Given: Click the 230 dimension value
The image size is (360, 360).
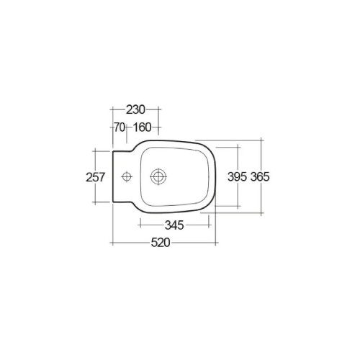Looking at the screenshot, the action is point(135,109).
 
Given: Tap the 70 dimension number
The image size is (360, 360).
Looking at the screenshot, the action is point(120,127).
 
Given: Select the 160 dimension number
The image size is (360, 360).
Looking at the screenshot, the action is point(142,127).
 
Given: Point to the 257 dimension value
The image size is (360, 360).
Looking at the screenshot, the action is point(96,177).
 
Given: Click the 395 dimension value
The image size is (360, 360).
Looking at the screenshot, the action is point(237,177).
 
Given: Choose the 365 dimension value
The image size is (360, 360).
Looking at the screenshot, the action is point(260,177).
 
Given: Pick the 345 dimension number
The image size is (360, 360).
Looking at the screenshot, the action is point(174,225).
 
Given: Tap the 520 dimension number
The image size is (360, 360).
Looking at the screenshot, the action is point(161,243).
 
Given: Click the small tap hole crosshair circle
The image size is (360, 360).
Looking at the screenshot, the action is point(127,177).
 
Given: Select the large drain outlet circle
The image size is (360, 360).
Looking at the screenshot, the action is point(158,176).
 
